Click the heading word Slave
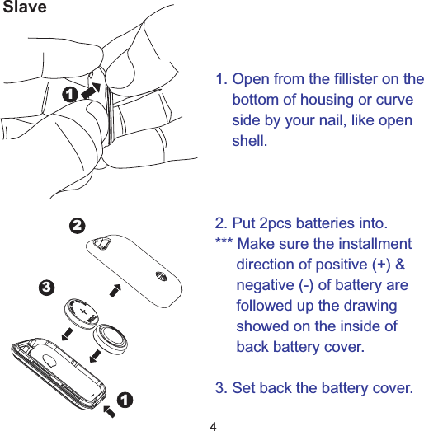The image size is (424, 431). pos(24,8)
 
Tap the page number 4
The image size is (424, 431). pos(213,425)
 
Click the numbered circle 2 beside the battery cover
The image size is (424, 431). pos(76,225)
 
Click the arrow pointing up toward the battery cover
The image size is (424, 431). pos(115,290)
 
